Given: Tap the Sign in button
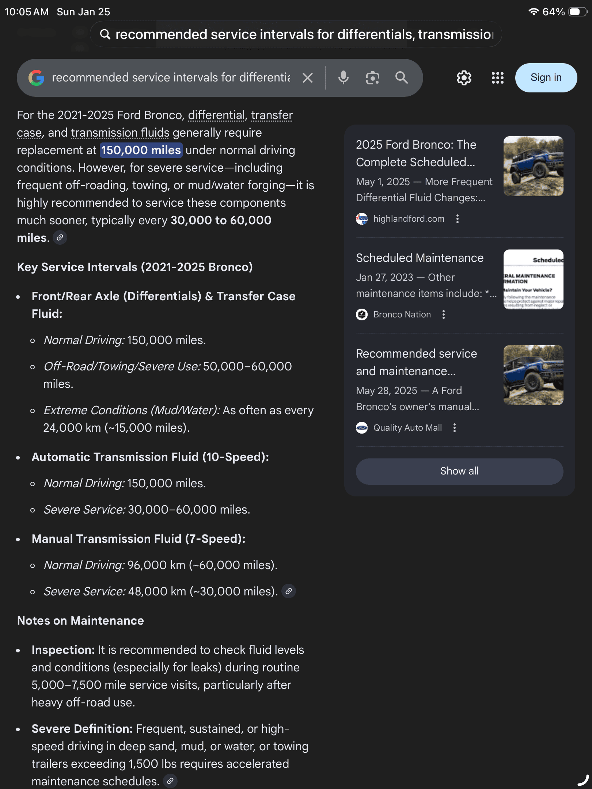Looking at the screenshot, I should (546, 78).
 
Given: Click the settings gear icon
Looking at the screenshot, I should (464, 78).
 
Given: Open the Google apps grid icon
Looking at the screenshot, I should (497, 78).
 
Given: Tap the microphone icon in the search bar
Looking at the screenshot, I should (343, 78).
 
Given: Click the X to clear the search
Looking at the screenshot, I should (308, 78).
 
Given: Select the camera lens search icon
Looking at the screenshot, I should (372, 78).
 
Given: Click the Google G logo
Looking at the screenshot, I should (37, 78).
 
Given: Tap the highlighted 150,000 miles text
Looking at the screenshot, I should (141, 150).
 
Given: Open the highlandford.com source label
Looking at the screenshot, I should (409, 219).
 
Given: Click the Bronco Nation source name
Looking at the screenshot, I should (402, 315).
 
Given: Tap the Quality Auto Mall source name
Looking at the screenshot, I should (407, 428).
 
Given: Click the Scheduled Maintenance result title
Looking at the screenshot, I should (420, 258).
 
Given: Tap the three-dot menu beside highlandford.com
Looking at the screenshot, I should (458, 219).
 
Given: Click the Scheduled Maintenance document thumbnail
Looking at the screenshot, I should (533, 279).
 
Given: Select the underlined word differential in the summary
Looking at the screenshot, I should (216, 115).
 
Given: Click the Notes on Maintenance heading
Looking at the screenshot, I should (80, 621).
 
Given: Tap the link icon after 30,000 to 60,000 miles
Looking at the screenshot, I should (60, 238).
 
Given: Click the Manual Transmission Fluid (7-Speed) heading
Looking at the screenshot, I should (138, 539).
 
